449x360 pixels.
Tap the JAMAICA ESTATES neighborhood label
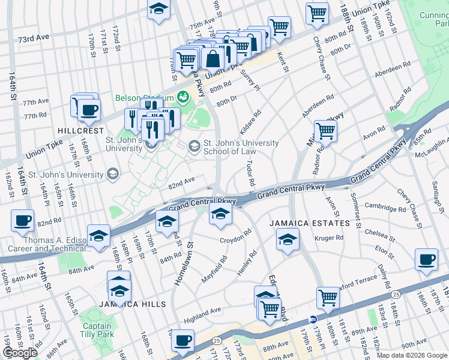click(309, 223)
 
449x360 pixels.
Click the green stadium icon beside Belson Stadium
click(182, 96)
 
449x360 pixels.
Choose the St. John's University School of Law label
click(241, 147)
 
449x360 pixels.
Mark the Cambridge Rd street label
click(385, 209)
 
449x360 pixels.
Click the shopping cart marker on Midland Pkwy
click(325, 130)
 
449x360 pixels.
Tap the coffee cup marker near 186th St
click(426, 259)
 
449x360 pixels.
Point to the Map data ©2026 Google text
click(412, 355)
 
